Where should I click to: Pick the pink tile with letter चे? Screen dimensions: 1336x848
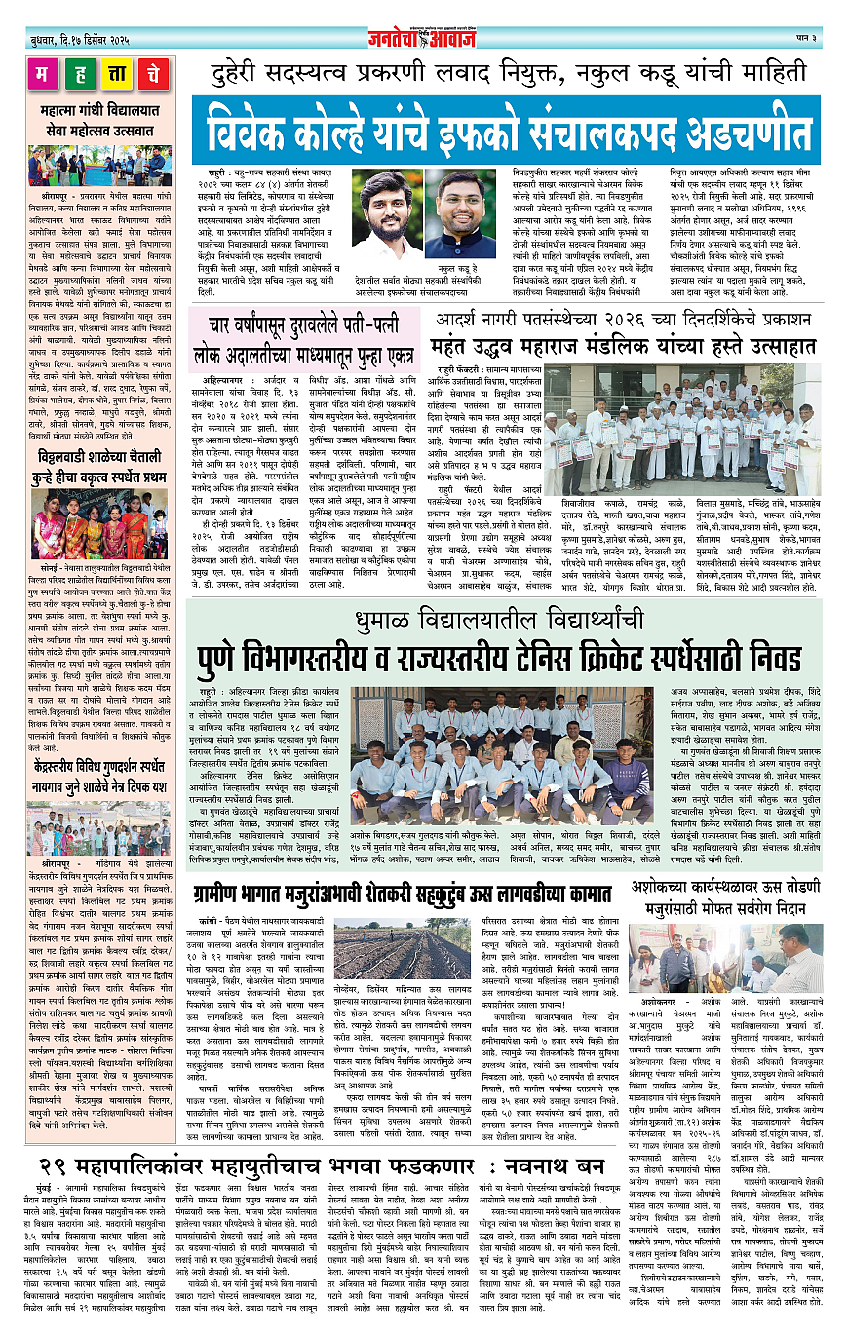pos(153,74)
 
